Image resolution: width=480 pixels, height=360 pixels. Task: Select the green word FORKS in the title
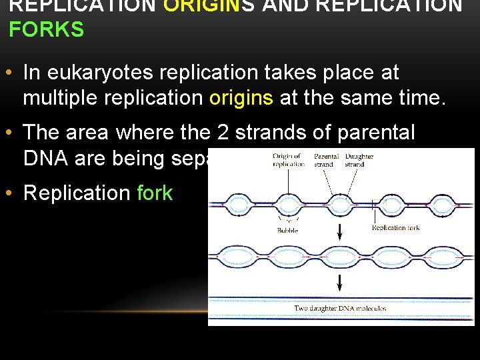pyautogui.click(x=46, y=30)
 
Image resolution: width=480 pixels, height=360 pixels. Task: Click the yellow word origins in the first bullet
pyautogui.click(x=241, y=98)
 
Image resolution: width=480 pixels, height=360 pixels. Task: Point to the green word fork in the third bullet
pyautogui.click(x=155, y=193)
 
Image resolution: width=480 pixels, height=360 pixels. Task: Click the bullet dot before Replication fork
pyautogui.click(x=11, y=193)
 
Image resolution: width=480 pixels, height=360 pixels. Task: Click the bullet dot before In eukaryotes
pyautogui.click(x=11, y=72)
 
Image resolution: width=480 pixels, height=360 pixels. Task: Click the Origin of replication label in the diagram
pyautogui.click(x=289, y=160)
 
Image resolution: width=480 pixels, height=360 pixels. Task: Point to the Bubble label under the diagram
pyautogui.click(x=288, y=231)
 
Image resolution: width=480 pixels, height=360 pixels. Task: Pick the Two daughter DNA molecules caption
pyautogui.click(x=340, y=308)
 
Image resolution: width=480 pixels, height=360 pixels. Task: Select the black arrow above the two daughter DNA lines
pyautogui.click(x=340, y=283)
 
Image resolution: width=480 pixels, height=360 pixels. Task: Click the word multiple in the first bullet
pyautogui.click(x=61, y=98)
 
